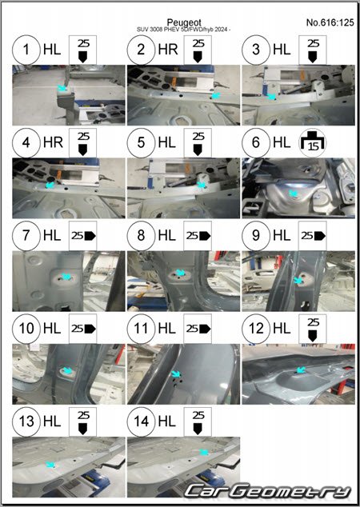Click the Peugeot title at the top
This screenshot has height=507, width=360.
[184, 22]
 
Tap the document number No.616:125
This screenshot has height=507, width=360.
[330, 22]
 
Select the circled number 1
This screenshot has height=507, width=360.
[26, 50]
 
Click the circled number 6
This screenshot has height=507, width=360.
[256, 142]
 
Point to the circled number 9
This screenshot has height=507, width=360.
[256, 236]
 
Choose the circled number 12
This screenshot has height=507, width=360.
[256, 329]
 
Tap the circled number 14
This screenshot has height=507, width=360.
[141, 421]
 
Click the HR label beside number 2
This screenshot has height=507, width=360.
[168, 50]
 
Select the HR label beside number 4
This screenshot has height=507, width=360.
[53, 142]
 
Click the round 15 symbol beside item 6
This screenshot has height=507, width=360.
[313, 142]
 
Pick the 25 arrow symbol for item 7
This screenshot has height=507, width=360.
[83, 236]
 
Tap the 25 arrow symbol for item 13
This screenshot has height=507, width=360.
[83, 421]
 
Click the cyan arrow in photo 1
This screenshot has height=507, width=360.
[62, 88]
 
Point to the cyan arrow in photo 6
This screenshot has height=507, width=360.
[293, 194]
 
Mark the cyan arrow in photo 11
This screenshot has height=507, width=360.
[176, 373]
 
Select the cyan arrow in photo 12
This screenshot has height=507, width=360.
[301, 369]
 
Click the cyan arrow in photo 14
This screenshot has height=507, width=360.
[204, 453]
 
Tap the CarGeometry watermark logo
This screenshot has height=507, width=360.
[268, 491]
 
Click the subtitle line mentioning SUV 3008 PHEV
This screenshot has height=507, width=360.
[183, 30]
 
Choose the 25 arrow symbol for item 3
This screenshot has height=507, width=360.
[313, 50]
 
